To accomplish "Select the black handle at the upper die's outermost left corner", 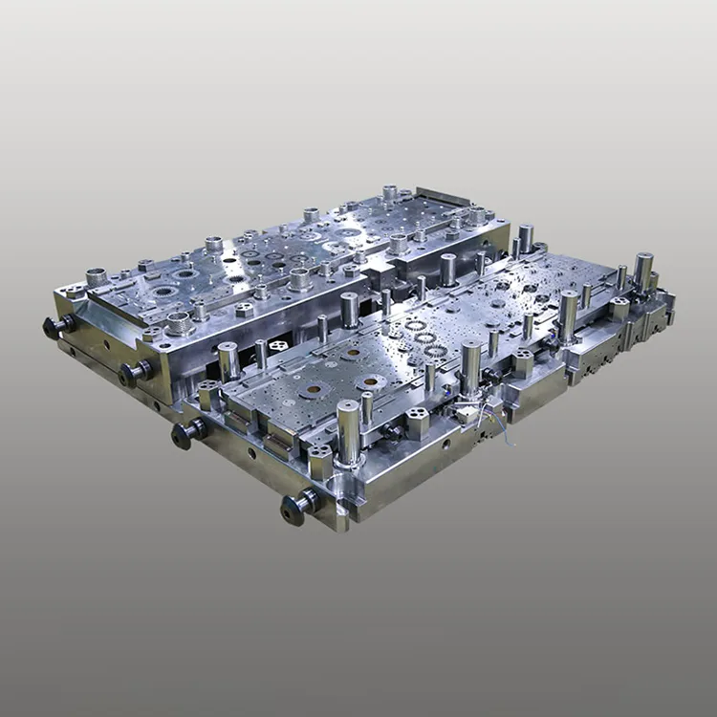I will coord(56,326).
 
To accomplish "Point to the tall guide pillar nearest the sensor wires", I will coord(471,368).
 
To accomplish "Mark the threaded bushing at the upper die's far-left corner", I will coord(96,277).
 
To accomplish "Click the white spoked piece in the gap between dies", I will coord(279,345).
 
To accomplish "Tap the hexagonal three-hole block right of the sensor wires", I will coord(522,362).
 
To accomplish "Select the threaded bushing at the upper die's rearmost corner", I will coord(390,193).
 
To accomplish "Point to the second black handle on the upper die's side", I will coord(134,372).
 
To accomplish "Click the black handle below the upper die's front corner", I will coord(187,432).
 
